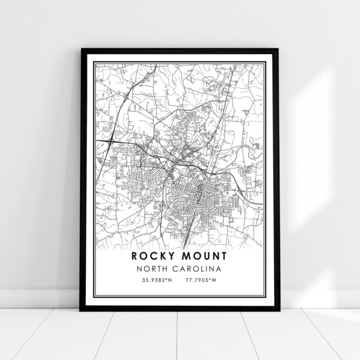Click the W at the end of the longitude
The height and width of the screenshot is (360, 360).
pyautogui.click(x=219, y=280)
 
